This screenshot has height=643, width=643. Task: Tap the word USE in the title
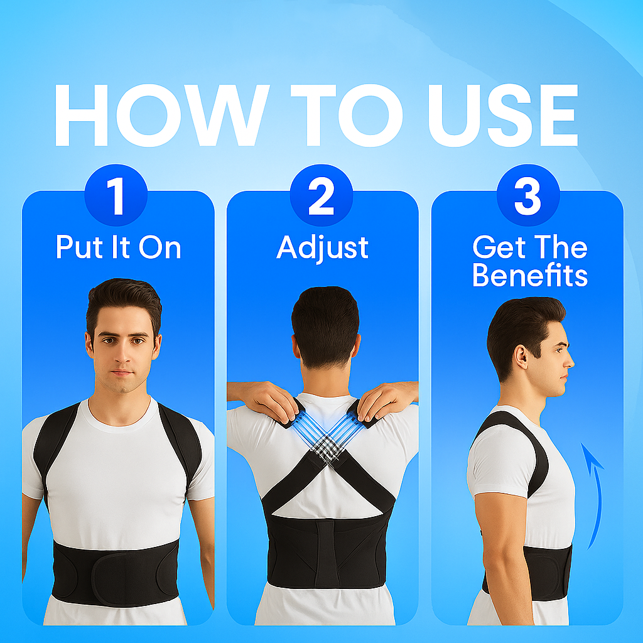(x=503, y=116)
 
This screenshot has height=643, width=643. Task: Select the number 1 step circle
(x=116, y=195)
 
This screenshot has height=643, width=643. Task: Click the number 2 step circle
(x=321, y=195)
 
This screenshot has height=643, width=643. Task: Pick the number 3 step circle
(x=527, y=195)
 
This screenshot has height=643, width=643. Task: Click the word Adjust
(x=322, y=248)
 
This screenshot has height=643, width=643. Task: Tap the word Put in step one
(x=79, y=247)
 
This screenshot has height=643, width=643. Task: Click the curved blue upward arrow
(x=594, y=496)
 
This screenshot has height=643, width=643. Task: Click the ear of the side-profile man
(x=521, y=357)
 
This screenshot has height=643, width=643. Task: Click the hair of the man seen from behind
(x=325, y=324)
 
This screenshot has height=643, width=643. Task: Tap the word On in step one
(x=160, y=247)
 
